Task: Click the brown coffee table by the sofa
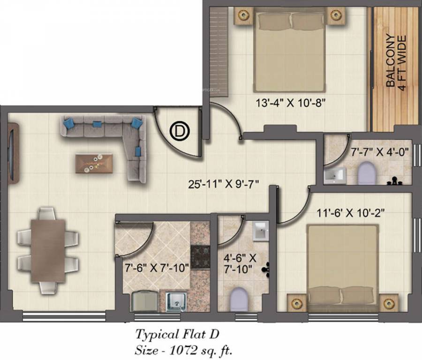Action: click(94, 163)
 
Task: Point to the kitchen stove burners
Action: click(200, 255)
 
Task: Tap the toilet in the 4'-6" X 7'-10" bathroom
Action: click(239, 299)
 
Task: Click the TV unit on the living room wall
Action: click(13, 153)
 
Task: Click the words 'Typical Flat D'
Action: click(177, 334)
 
